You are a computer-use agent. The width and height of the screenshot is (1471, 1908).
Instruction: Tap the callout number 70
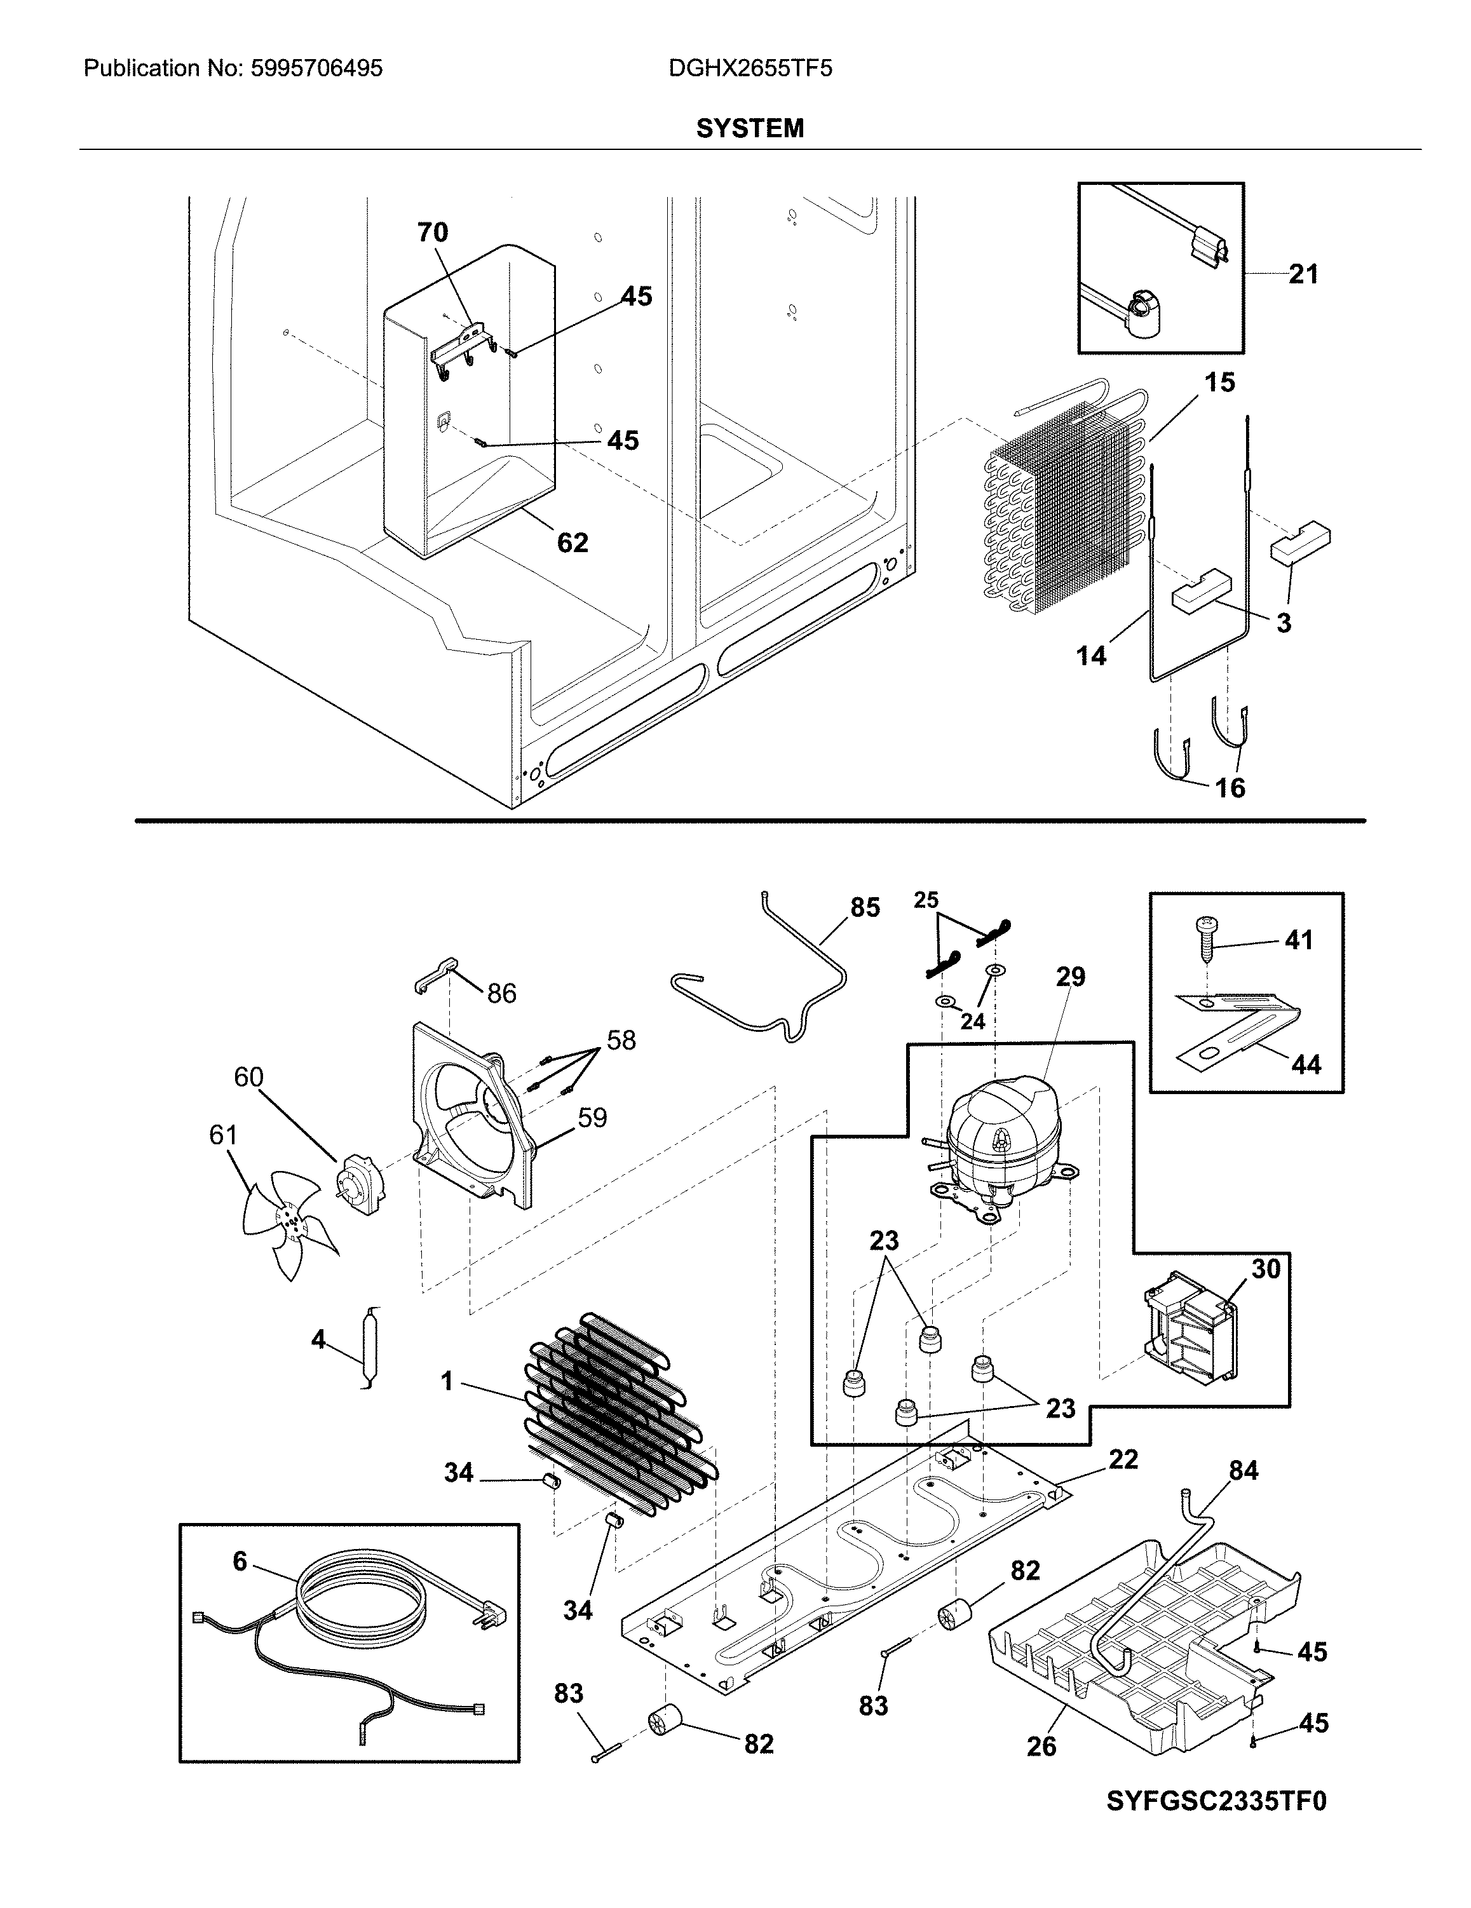click(x=432, y=233)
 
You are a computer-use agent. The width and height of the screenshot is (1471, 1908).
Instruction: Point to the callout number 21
click(x=1303, y=274)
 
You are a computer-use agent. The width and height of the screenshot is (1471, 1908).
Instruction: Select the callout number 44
click(x=1306, y=1064)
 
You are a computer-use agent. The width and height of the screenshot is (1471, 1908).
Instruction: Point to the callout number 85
click(x=865, y=908)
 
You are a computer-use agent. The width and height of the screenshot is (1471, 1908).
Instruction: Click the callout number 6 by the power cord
click(x=240, y=1561)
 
